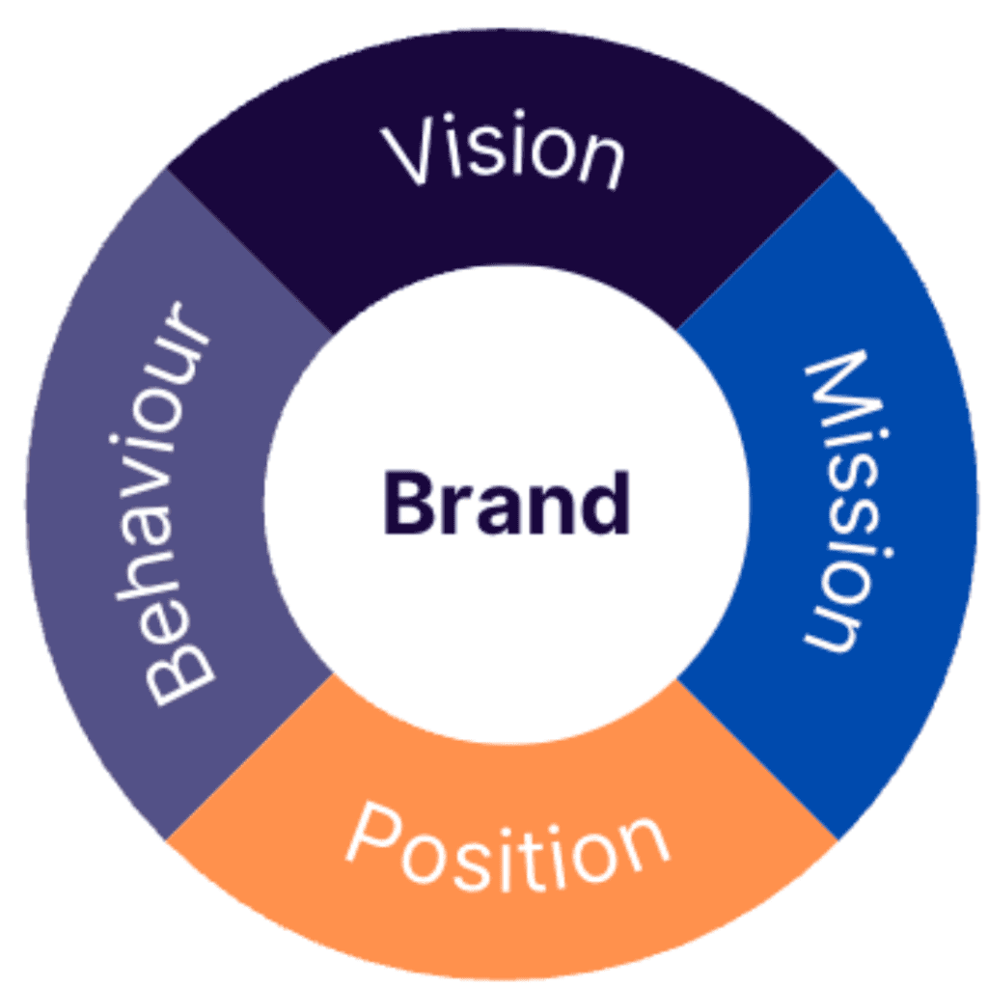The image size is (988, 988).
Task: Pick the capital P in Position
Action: coord(370,836)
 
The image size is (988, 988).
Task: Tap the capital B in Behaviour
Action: coord(179,666)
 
